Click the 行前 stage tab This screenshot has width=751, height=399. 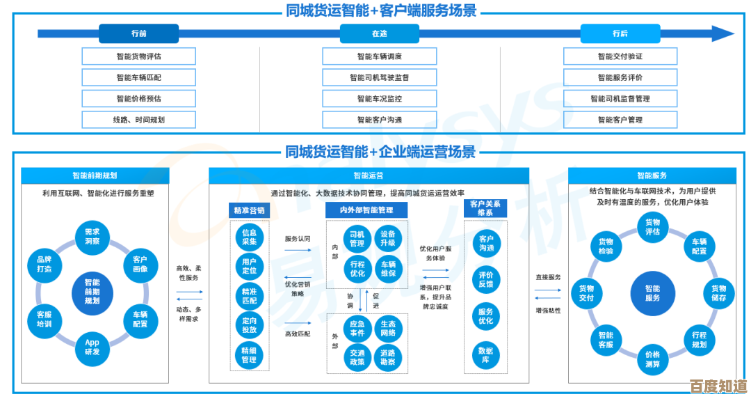click(138, 33)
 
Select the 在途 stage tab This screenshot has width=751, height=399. click(379, 33)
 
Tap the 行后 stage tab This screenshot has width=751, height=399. click(620, 33)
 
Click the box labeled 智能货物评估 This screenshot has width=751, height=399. click(138, 56)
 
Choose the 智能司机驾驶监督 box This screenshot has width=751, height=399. click(379, 77)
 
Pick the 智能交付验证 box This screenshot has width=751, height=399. click(620, 56)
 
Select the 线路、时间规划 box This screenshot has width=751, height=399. click(138, 120)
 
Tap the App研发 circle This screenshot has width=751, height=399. click(92, 347)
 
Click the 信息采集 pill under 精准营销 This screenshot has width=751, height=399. click(249, 237)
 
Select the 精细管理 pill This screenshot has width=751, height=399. click(249, 354)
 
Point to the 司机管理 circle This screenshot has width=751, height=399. click(357, 239)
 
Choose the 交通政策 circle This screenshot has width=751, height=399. click(357, 357)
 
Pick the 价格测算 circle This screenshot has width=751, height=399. click(652, 359)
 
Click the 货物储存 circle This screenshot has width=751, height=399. click(718, 293)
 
